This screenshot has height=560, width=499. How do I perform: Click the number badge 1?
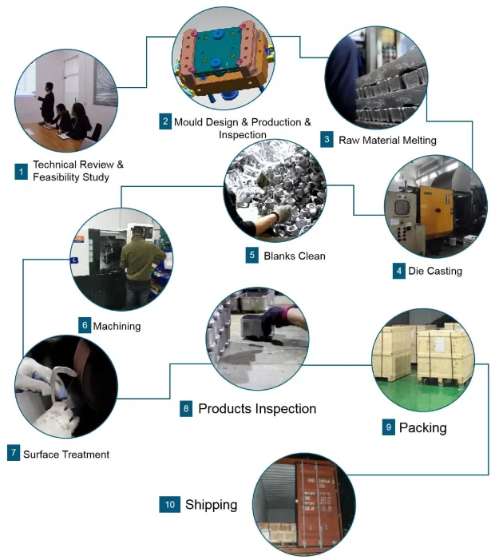(22, 171)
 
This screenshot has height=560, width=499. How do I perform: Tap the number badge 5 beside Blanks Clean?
(252, 256)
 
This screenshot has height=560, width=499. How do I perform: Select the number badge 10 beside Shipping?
(169, 505)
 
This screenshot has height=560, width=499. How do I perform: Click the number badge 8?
(186, 408)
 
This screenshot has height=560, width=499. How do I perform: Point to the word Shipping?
(211, 505)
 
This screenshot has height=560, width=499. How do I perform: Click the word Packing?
(422, 427)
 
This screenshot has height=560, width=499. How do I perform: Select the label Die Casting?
(435, 271)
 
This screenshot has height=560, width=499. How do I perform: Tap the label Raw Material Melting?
(387, 140)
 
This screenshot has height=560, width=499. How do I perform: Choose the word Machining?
(117, 326)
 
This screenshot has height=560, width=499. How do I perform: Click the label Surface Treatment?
(66, 455)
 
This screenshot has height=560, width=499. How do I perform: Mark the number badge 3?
(327, 140)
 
